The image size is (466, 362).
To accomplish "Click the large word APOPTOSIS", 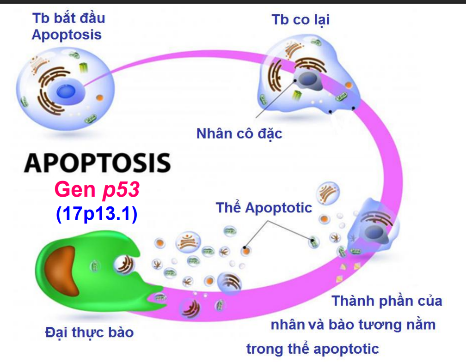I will [98, 163].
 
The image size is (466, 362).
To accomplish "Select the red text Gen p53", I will [97, 189].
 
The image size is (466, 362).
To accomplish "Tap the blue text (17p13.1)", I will [97, 214].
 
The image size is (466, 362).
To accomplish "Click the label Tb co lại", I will [300, 20].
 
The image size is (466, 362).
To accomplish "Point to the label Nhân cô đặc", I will [239, 134].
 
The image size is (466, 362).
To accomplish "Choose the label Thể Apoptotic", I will [264, 208].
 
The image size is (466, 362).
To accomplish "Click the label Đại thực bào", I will [89, 332].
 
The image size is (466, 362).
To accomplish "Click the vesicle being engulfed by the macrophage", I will [125, 265].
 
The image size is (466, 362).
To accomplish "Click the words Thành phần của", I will [386, 301].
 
